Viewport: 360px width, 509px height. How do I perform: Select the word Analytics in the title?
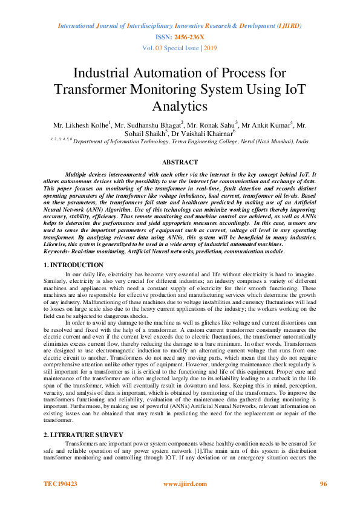coord(180,106)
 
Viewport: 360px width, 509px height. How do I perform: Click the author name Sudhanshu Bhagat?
coord(154,125)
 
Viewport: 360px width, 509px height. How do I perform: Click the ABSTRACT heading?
coord(180,162)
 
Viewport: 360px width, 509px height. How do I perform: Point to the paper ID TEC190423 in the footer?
coord(61,484)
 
